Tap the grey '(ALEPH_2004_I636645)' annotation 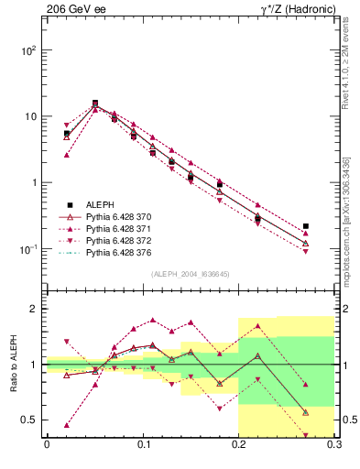tap(190, 273)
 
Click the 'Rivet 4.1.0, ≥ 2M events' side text tap(352, 69)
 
